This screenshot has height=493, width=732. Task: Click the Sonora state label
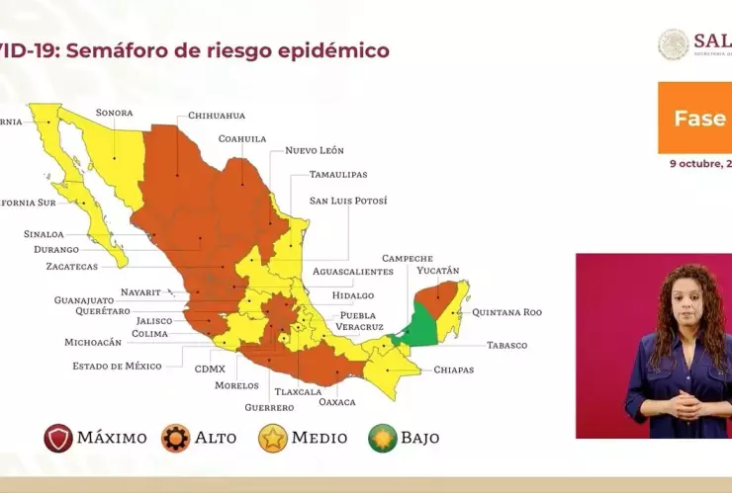[x=114, y=113]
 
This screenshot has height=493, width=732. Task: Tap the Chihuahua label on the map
[x=216, y=116]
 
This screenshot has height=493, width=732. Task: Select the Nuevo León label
[x=314, y=150]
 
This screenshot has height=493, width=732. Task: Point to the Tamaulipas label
[x=337, y=174]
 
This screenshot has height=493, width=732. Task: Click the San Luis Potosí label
[x=347, y=201]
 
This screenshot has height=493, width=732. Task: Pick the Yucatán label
[x=437, y=271]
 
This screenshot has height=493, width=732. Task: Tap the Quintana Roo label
[x=506, y=312]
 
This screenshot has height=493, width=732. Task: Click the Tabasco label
[x=506, y=346]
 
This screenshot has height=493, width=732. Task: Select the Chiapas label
[x=453, y=370]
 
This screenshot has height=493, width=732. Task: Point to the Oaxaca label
[x=336, y=402]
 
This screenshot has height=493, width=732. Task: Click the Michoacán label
[x=93, y=342]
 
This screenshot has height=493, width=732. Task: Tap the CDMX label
[x=210, y=369]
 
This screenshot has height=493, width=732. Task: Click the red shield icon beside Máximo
[x=57, y=438]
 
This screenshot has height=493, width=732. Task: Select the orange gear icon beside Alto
[x=175, y=438]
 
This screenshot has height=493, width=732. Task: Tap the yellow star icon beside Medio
[x=273, y=438]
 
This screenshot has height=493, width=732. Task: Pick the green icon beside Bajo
[x=383, y=438]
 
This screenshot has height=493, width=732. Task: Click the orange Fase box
[x=694, y=118]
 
